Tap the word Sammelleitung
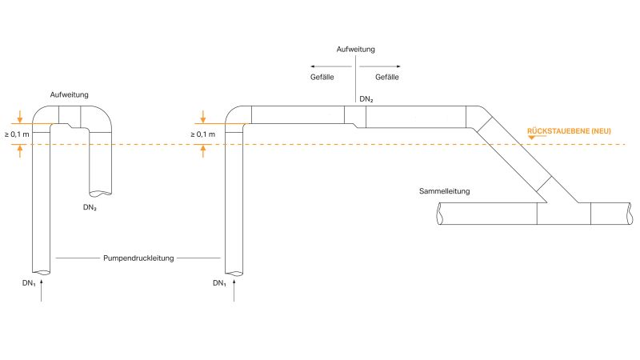click(x=444, y=191)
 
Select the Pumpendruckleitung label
click(x=138, y=258)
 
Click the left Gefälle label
click(x=322, y=77)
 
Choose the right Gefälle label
click(x=387, y=77)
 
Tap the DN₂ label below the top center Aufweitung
click(x=366, y=98)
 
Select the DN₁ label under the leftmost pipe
click(x=30, y=283)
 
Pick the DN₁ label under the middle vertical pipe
click(x=219, y=283)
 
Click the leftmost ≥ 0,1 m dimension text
click(x=17, y=134)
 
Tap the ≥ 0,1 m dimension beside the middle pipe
click(x=202, y=134)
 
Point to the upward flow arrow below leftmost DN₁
click(x=42, y=292)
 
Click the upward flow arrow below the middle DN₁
click(x=234, y=292)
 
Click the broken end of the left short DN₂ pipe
click(x=100, y=193)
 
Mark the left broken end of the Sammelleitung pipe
click(x=439, y=214)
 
